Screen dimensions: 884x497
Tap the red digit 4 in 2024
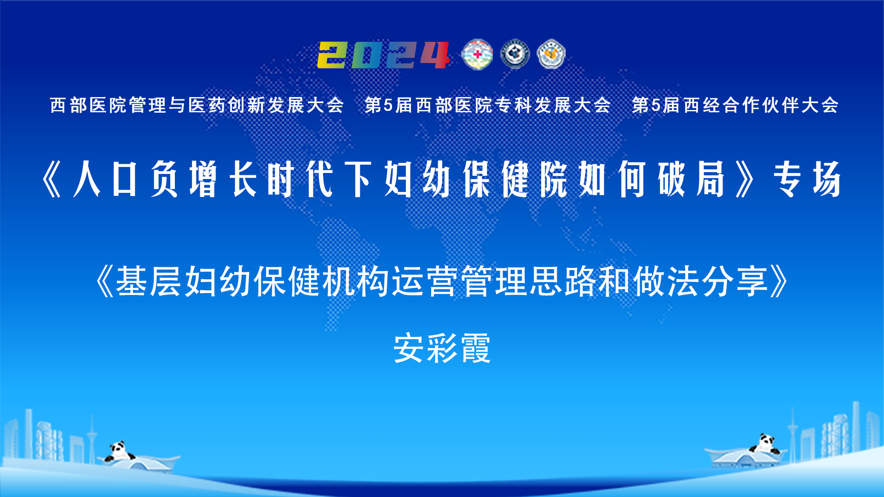[x=434, y=55]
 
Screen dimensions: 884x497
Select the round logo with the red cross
[x=477, y=54]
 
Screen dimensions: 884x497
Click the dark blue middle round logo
[x=515, y=54]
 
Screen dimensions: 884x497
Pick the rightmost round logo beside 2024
[x=551, y=54]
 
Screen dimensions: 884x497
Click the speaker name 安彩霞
[x=442, y=348]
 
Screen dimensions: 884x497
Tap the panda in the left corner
[x=119, y=451]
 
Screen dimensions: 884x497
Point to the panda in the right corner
[x=765, y=444]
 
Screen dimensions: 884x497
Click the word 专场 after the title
[x=808, y=179]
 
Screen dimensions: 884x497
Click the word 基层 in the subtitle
[x=149, y=281]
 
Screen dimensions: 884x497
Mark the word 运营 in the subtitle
[x=425, y=281]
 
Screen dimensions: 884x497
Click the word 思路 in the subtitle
[x=563, y=281]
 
